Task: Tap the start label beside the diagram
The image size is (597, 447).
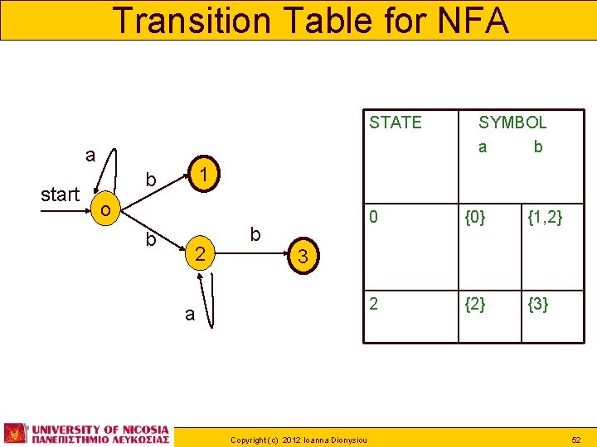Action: point(60,195)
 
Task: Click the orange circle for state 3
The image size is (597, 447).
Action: point(303,257)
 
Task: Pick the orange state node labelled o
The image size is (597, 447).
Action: point(104,210)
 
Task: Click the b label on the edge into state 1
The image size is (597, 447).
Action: point(151,179)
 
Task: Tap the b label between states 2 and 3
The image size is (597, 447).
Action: point(255,235)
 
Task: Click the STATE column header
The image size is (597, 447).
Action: point(396,123)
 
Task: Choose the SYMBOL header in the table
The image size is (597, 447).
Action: point(512,123)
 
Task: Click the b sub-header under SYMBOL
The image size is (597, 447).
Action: point(538,147)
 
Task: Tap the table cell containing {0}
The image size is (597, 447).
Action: point(475,218)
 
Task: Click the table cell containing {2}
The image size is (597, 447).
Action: point(475,304)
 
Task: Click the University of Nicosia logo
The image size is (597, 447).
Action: point(87,434)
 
